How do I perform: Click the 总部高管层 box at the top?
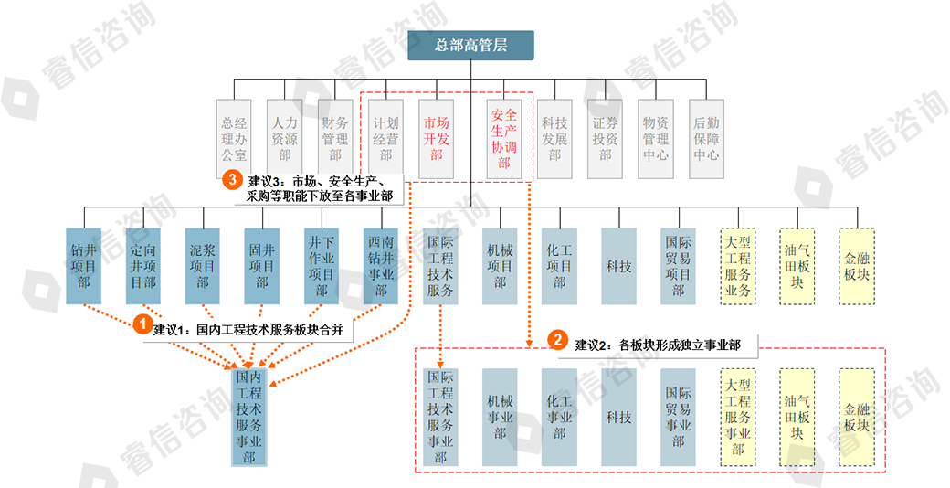(x=470, y=47)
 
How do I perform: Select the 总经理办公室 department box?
(x=234, y=138)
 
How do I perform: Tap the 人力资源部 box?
(x=284, y=138)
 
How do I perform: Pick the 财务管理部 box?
(x=334, y=138)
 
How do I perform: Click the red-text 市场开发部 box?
(x=436, y=138)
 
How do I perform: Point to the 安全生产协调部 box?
(x=504, y=138)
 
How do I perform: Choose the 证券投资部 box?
(x=605, y=138)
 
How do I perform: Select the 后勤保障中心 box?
(x=706, y=138)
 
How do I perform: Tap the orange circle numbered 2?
(x=557, y=340)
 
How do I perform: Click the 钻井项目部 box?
(x=84, y=266)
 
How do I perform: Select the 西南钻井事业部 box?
(x=381, y=266)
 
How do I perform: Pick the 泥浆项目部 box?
(x=203, y=266)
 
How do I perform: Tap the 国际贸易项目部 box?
(x=678, y=266)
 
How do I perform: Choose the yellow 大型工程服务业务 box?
(x=737, y=266)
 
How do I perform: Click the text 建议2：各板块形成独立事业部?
(x=657, y=345)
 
